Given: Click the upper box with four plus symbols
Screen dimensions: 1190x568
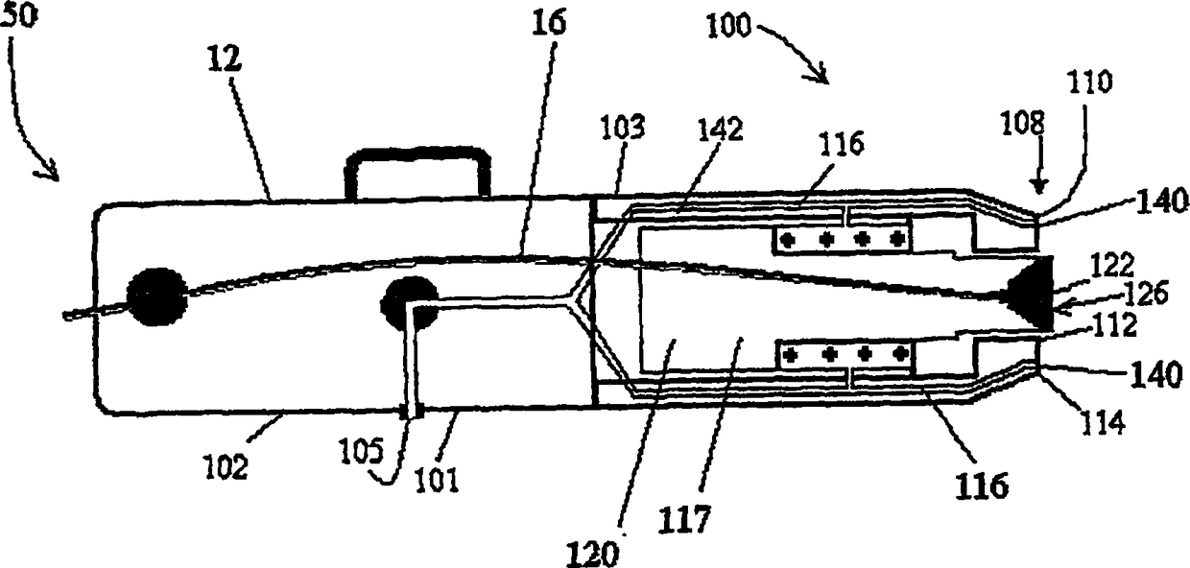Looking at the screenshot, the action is [x=842, y=239].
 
